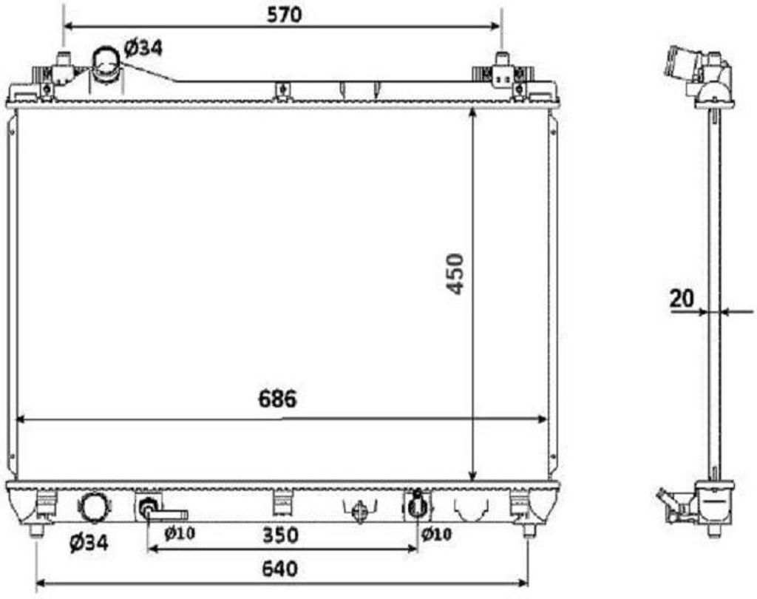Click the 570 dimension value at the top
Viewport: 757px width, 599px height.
point(284,15)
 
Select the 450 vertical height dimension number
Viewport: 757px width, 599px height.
point(455,274)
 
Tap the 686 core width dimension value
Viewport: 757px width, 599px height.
point(277,399)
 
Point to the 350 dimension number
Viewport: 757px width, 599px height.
point(280,535)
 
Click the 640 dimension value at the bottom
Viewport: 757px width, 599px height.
point(280,569)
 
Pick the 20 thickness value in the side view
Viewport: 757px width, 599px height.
point(681,299)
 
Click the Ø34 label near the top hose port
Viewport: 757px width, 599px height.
point(143,48)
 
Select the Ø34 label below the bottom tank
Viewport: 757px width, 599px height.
point(89,543)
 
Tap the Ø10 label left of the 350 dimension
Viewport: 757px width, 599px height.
point(179,533)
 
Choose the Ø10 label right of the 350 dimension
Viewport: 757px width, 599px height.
point(436,534)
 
